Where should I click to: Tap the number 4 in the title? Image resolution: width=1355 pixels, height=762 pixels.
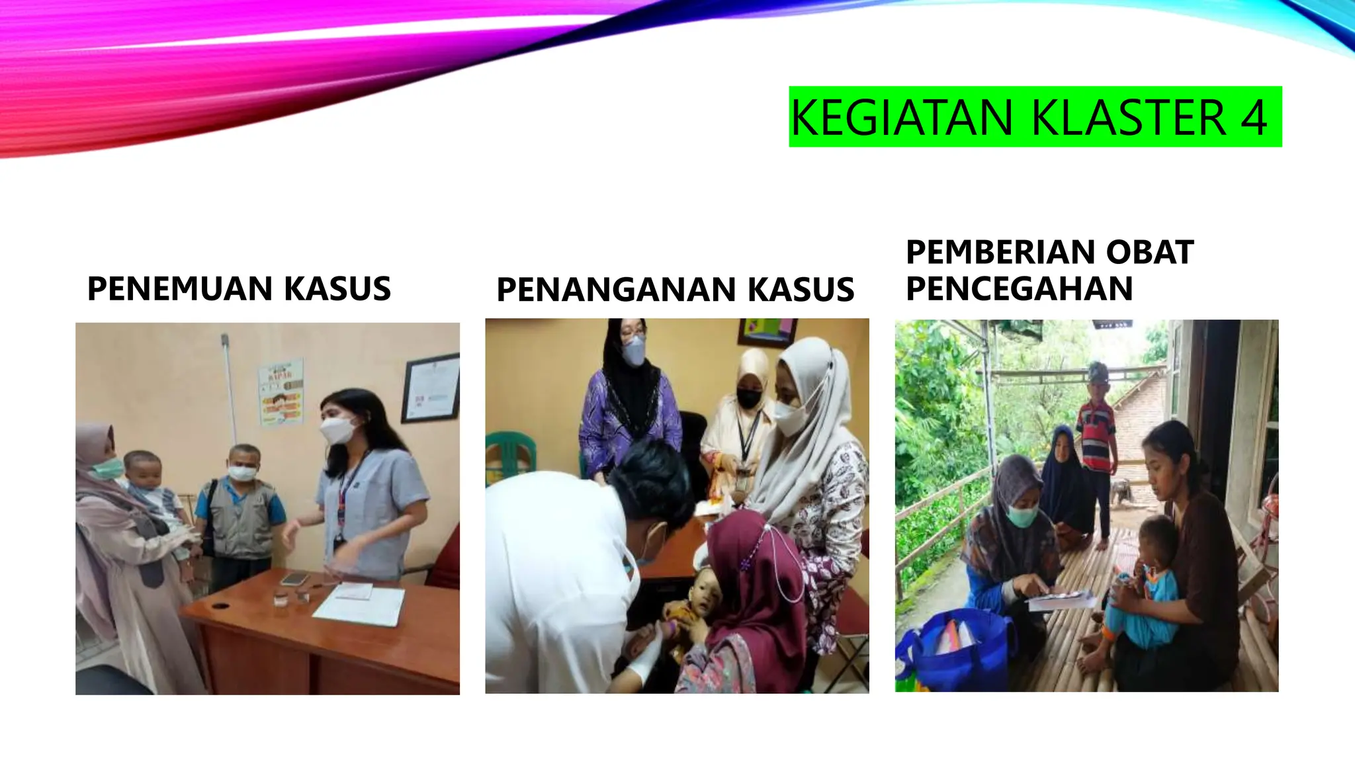pyautogui.click(x=1253, y=118)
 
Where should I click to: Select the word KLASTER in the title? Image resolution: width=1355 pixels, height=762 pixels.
pyautogui.click(x=1129, y=118)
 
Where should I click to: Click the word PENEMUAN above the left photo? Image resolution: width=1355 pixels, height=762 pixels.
pyautogui.click(x=180, y=288)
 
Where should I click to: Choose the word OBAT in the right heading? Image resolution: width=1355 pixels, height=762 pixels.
pyautogui.click(x=1149, y=252)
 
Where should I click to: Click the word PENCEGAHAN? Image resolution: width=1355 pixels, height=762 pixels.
pyautogui.click(x=1019, y=288)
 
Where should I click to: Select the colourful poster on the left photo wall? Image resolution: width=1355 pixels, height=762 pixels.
pyautogui.click(x=281, y=393)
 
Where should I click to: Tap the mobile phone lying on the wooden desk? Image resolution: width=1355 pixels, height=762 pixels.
pyautogui.click(x=294, y=579)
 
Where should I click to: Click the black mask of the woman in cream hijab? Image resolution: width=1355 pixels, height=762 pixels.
pyautogui.click(x=749, y=399)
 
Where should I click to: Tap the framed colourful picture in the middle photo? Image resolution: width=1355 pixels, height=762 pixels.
pyautogui.click(x=767, y=331)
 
